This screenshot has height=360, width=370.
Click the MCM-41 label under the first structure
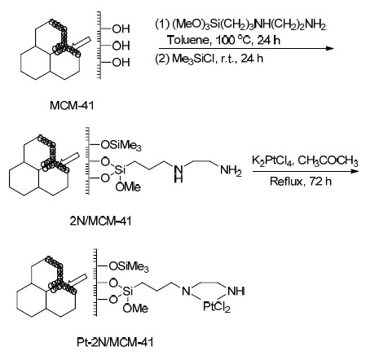(x=72, y=105)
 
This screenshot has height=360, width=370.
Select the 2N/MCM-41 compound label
(x=100, y=221)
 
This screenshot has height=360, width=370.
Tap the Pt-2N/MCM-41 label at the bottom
(x=115, y=342)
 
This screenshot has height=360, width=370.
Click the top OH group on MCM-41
(x=121, y=29)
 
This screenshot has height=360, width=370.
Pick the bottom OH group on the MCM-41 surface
(x=121, y=63)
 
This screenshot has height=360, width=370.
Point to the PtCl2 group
(x=217, y=307)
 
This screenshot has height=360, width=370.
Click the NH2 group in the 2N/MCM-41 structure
(x=231, y=170)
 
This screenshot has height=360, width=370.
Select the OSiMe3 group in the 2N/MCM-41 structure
(x=121, y=146)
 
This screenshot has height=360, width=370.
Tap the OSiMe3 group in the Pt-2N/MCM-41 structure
(x=129, y=267)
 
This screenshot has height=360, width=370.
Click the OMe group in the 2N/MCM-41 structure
(x=128, y=187)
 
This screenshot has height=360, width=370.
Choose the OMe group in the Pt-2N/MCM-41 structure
(x=135, y=309)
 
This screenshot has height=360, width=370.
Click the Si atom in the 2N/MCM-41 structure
(x=120, y=170)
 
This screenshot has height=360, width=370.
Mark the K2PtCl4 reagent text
(x=272, y=160)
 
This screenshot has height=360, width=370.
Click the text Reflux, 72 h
(x=301, y=181)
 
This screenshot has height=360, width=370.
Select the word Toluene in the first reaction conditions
(x=188, y=40)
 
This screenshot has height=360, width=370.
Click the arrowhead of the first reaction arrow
(x=330, y=49)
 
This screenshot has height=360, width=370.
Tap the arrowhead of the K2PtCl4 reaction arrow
(x=355, y=171)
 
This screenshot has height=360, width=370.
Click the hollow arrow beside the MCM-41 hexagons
(x=82, y=43)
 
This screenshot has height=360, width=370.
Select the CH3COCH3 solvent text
(x=328, y=160)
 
